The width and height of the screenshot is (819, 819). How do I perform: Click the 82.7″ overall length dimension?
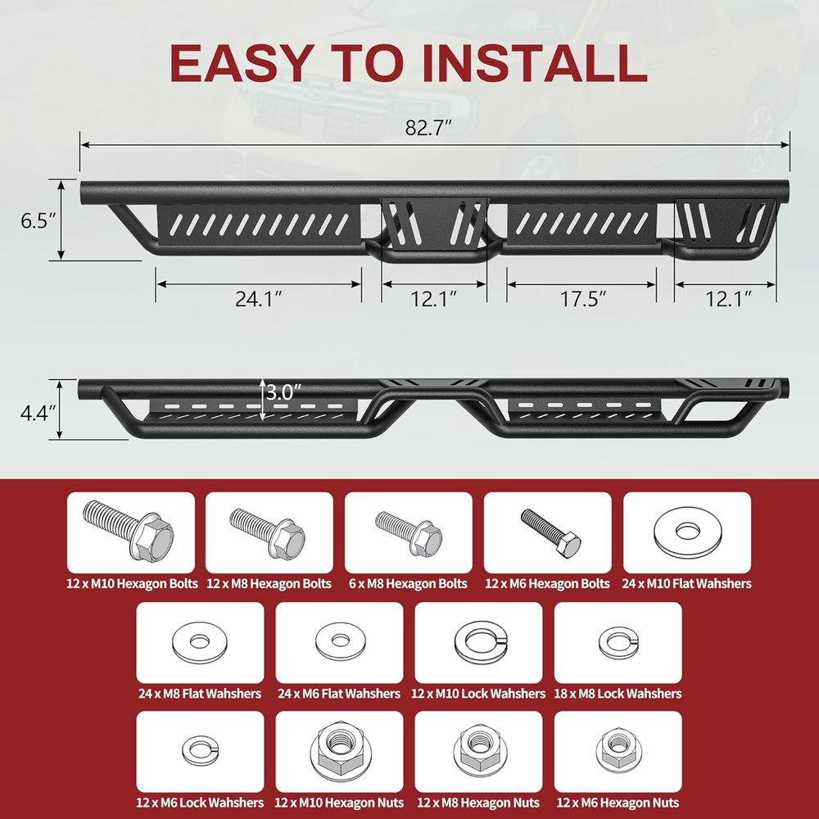pos(428,128)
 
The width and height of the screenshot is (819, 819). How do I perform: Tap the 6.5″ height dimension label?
pos(38,221)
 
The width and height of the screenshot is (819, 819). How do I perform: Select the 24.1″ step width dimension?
pos(259,299)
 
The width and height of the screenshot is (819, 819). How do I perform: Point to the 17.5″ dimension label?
pos(583,299)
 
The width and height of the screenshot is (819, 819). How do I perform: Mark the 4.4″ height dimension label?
pos(38,413)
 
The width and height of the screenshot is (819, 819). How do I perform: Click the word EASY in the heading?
pos(242,63)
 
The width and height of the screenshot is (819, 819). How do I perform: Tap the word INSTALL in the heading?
pos(535,63)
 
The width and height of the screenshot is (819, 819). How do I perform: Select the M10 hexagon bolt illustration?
pos(129,530)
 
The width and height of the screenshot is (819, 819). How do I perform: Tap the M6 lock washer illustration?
pos(200,751)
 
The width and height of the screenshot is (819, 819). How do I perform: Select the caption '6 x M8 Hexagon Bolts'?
pos(408,583)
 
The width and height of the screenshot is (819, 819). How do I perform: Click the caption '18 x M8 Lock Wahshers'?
pos(618,694)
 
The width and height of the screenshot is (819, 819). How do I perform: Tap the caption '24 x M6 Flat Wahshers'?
pos(339,694)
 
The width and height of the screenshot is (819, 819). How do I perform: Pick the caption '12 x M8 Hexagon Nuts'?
pos(478,803)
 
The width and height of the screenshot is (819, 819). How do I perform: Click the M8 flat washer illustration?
pos(199,642)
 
